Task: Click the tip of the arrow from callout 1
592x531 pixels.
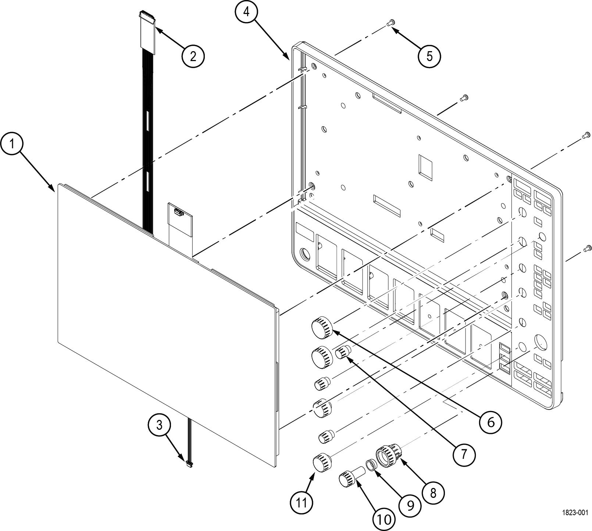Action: pos(56,191)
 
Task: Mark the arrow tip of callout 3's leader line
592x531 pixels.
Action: pos(187,461)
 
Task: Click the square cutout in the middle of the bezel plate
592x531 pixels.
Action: pos(427,164)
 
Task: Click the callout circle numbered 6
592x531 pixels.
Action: pos(491,422)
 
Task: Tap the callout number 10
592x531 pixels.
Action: pos(384,519)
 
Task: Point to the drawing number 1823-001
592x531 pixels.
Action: pos(575,513)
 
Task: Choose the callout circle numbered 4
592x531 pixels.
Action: pos(246,12)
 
